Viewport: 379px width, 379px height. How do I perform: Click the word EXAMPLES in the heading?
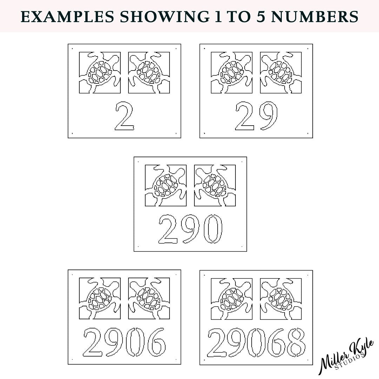point(67,17)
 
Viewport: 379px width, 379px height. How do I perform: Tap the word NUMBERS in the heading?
point(315,17)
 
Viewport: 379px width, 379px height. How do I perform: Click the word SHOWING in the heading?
point(165,17)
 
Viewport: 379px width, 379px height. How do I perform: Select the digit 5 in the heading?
point(261,17)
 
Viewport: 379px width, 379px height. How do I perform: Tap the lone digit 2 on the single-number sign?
point(125,116)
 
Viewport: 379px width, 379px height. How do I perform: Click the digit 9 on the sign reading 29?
point(268,115)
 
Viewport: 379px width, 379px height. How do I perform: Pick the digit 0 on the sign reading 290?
point(212,229)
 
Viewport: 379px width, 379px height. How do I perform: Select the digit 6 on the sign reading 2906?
point(157,342)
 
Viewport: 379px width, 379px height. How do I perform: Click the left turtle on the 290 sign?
point(166,185)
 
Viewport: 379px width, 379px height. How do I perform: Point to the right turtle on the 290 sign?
point(215,185)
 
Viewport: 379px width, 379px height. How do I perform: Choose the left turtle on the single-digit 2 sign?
point(100,73)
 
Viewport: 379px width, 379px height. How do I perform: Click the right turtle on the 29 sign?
point(281,73)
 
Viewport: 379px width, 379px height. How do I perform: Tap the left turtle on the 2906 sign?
point(100,299)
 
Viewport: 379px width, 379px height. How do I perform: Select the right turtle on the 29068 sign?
point(281,299)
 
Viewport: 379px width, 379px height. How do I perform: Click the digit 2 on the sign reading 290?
point(168,229)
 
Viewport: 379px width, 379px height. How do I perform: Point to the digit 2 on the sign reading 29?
point(245,116)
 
